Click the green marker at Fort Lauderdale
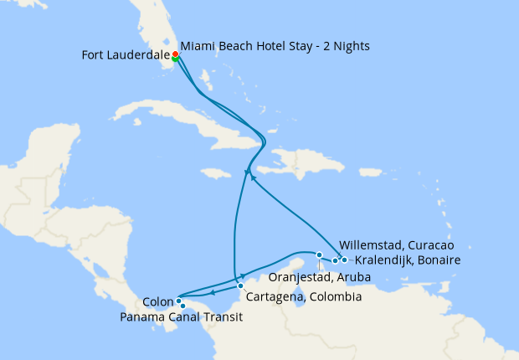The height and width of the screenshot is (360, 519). (175, 59)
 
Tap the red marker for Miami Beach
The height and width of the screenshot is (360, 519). (176, 54)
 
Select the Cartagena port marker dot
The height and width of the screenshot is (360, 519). (240, 285)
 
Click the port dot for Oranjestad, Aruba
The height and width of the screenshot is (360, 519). (319, 255)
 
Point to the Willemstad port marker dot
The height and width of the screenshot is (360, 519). (335, 260)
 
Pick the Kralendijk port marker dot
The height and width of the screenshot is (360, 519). (344, 260)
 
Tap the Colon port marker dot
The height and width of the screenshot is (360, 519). (179, 300)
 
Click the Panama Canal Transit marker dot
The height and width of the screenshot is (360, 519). (182, 306)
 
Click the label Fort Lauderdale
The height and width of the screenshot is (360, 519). (126, 56)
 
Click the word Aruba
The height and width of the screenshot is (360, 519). (353, 277)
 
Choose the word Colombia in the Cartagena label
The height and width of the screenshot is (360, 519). (334, 297)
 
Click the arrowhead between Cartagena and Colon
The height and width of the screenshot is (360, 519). (213, 291)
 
